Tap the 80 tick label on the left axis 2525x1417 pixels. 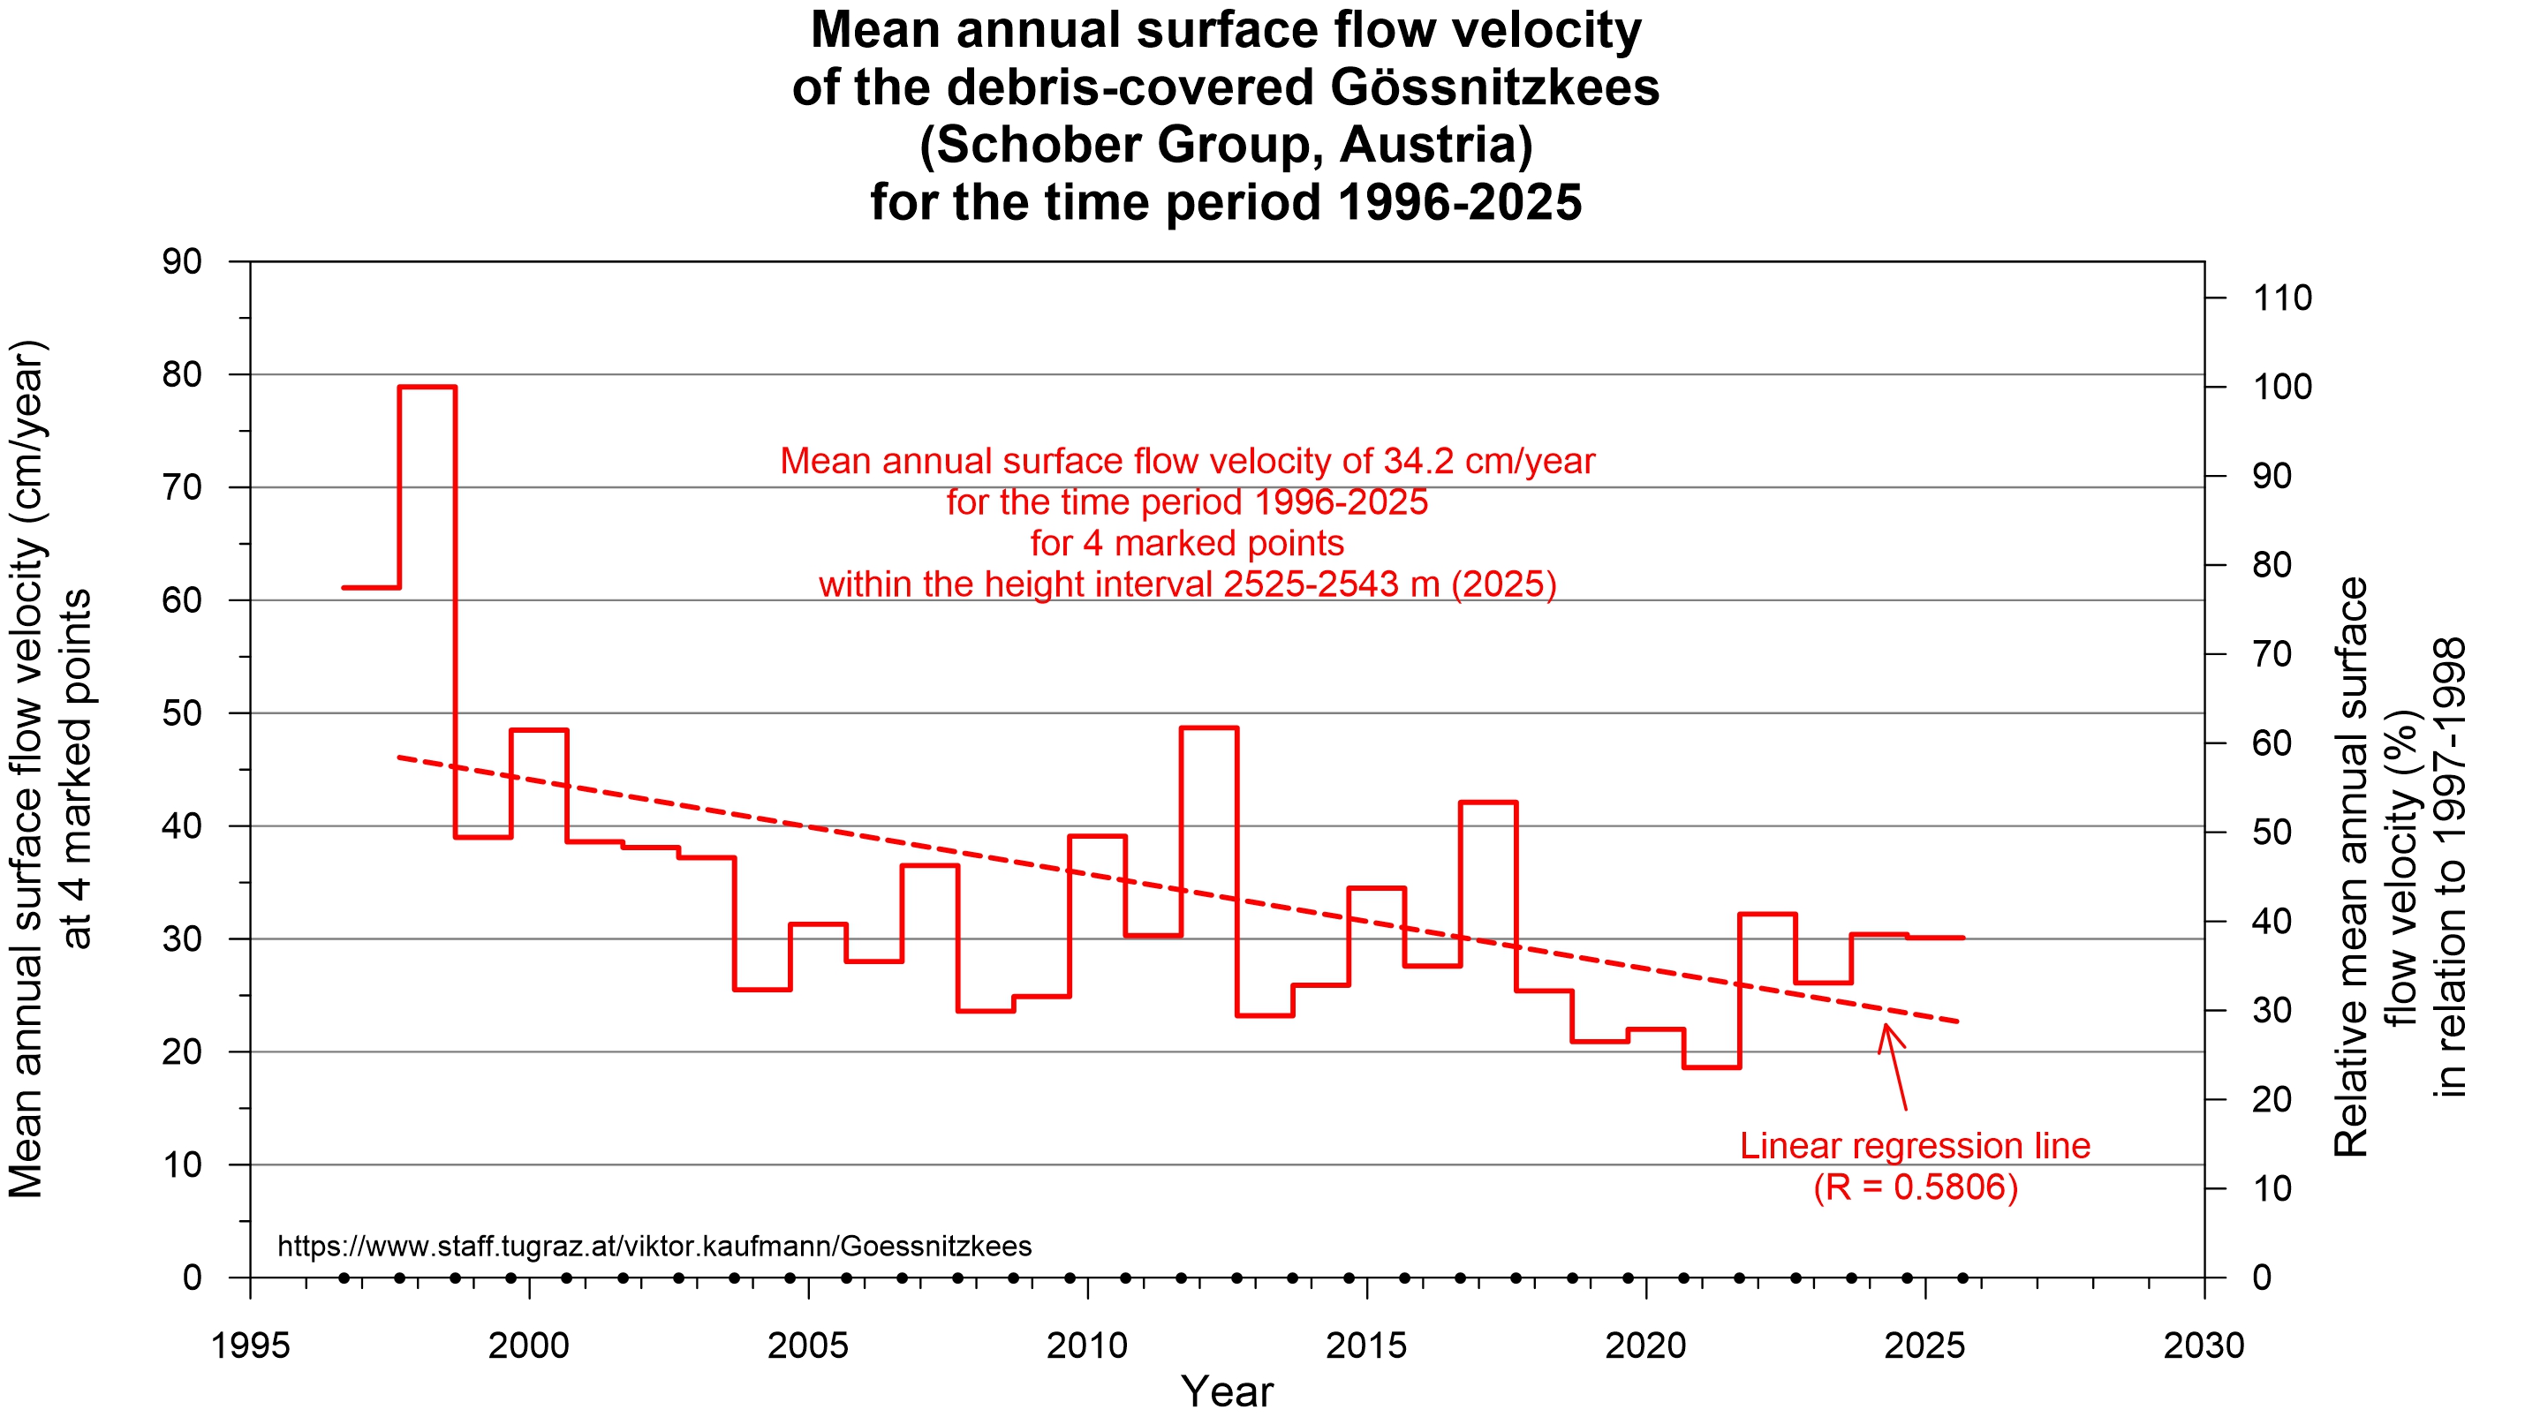[181, 374]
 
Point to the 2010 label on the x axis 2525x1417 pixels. [1087, 1345]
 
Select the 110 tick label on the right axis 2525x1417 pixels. [2282, 298]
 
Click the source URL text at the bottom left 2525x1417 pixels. [654, 1247]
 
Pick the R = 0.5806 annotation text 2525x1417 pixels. [1915, 1187]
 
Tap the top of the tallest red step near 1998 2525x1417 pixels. [427, 387]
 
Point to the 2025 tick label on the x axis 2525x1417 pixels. [1924, 1345]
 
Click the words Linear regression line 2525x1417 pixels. [1915, 1147]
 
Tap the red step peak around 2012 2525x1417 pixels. [1208, 728]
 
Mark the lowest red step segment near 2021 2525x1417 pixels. [1712, 1067]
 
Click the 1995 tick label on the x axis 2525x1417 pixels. [250, 1345]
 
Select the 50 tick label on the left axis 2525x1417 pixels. [181, 713]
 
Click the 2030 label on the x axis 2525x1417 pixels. [2204, 1345]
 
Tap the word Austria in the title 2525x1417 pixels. [1435, 145]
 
